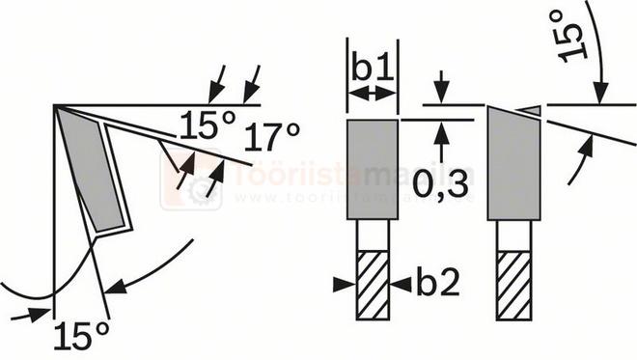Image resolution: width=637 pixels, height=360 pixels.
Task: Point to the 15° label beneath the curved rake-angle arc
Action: tap(80, 336)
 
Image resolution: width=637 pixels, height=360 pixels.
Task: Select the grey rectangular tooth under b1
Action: tap(373, 168)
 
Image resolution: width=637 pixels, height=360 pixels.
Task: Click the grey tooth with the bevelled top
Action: tap(512, 168)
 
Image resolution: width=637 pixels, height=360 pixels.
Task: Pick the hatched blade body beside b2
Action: tap(372, 284)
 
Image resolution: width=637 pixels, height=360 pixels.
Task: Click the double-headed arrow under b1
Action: tap(373, 93)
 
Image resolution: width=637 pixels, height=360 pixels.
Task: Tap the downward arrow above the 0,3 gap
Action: tap(441, 90)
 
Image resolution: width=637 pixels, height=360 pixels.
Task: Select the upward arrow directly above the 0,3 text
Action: tap(441, 132)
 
